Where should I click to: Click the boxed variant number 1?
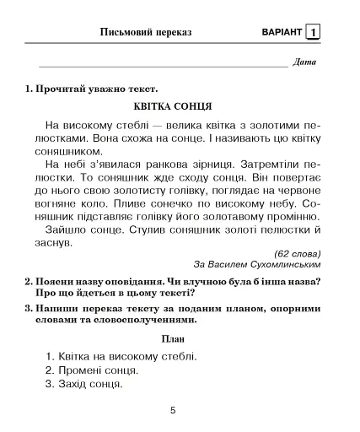pos(314,32)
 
